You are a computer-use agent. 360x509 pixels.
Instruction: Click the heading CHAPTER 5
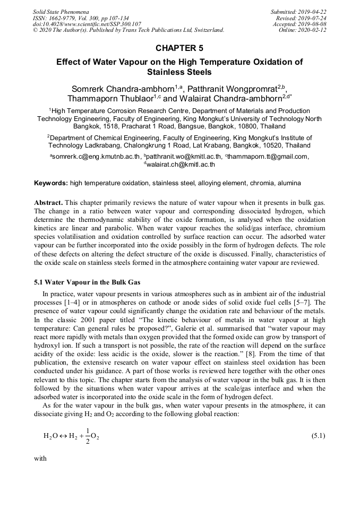pyautogui.click(x=179, y=48)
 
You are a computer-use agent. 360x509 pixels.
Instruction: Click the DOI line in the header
pyautogui.click(x=87, y=24)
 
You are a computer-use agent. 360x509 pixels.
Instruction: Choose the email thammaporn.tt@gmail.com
pyautogui.click(x=268, y=157)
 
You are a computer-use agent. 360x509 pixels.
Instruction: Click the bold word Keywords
pyautogui.click(x=50, y=183)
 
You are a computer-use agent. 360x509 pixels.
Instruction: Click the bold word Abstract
pyautogui.click(x=49, y=203)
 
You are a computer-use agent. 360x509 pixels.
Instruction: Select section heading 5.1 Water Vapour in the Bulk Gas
pyautogui.click(x=87, y=282)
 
